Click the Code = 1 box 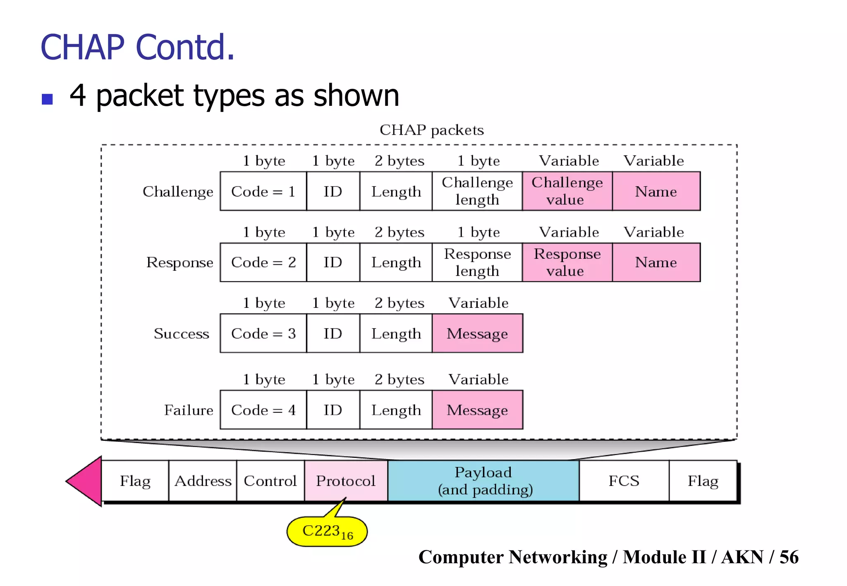tap(263, 191)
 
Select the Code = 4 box tap(263, 410)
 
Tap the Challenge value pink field tap(567, 191)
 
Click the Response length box tap(477, 262)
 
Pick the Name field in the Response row tap(656, 262)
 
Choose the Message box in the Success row tap(477, 333)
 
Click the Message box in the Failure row tap(477, 410)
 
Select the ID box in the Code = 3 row tap(333, 333)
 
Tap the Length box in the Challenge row tap(396, 191)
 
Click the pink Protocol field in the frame tap(346, 481)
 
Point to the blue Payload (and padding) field tap(483, 481)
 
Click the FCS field tap(624, 481)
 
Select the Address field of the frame tap(203, 481)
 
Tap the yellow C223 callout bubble tap(327, 531)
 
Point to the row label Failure tap(189, 410)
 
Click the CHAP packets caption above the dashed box tap(431, 130)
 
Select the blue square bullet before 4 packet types tap(47, 99)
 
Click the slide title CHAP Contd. tap(137, 48)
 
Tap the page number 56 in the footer tap(789, 557)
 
